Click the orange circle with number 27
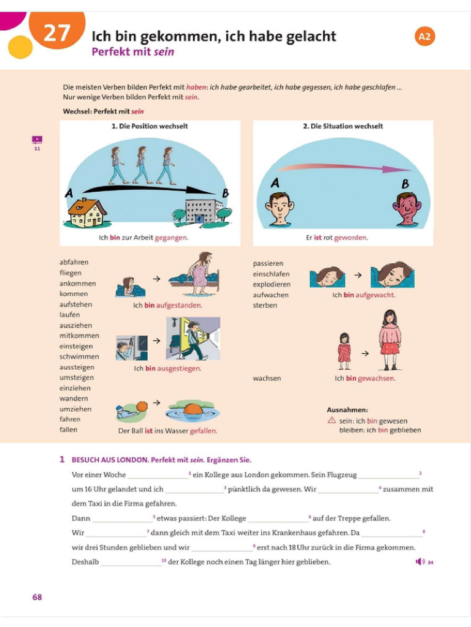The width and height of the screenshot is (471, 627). [x=56, y=32]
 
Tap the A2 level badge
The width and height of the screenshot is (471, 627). [x=424, y=36]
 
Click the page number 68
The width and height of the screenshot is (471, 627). [x=37, y=597]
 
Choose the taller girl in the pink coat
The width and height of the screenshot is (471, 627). [x=389, y=339]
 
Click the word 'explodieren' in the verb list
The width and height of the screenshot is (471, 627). [x=272, y=284]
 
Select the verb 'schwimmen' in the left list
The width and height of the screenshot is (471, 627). [x=79, y=356]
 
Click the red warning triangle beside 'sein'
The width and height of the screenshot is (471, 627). [x=332, y=421]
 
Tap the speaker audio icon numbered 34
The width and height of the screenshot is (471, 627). [x=420, y=561]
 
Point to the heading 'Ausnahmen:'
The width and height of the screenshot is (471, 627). [x=347, y=410]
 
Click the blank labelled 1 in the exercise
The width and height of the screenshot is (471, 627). [x=158, y=476]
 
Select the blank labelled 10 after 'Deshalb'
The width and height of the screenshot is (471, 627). [x=131, y=563]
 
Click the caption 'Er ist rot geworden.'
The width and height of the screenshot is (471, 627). [x=337, y=238]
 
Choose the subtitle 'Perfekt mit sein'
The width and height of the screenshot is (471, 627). [x=132, y=52]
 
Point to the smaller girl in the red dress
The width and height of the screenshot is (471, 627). [x=344, y=351]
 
